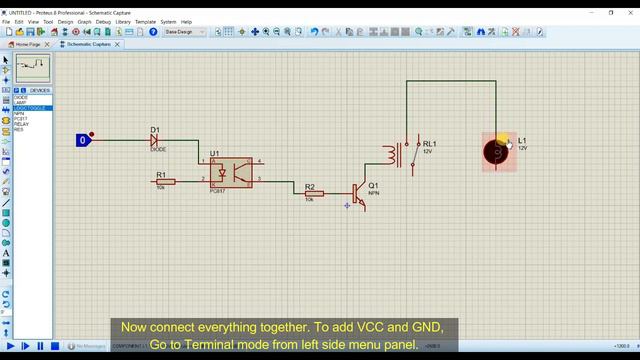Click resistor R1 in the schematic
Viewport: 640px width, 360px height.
(165, 181)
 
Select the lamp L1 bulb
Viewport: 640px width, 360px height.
(496, 151)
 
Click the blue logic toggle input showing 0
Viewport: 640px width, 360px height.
(83, 140)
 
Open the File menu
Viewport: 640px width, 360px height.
(6, 21)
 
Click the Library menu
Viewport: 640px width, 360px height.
(123, 21)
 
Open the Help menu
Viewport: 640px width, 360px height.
(186, 21)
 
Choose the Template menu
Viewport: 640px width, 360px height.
(145, 21)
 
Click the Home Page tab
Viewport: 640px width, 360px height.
(27, 45)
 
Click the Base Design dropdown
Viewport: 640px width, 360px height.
(184, 32)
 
